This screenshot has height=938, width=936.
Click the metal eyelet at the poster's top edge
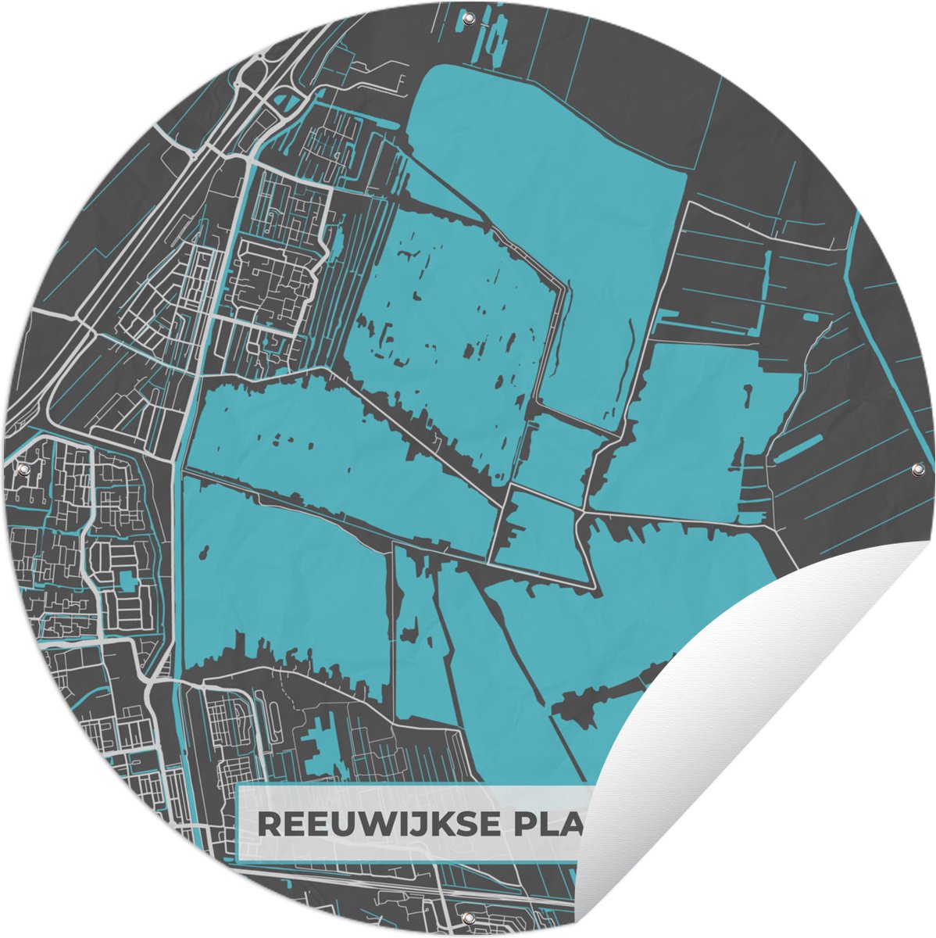coord(469,17)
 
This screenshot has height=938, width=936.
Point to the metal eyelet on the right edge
coord(916,470)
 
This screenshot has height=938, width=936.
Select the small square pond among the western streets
coord(126,581)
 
